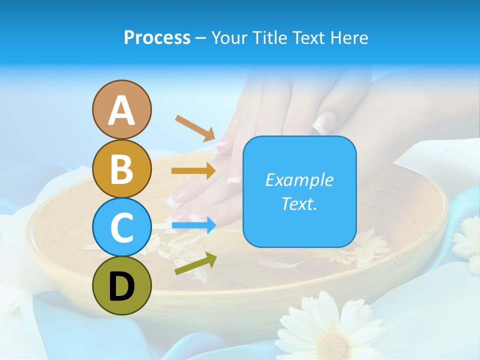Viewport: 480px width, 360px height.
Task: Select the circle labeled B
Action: tap(121, 168)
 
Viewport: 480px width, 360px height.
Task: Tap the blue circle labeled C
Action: tap(121, 227)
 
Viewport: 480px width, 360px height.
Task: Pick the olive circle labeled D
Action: tap(121, 285)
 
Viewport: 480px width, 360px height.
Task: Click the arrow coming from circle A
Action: tap(195, 127)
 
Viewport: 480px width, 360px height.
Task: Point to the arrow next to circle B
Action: tap(193, 171)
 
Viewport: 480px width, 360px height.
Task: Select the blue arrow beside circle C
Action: tap(193, 225)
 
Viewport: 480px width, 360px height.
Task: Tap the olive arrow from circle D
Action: tap(195, 263)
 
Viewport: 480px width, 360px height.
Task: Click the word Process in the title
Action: tap(157, 37)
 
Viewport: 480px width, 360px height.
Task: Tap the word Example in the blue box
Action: tap(299, 180)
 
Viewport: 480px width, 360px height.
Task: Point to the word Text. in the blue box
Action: tap(299, 203)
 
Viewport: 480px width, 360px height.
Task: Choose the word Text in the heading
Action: tap(306, 37)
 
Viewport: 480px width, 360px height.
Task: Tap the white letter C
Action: tap(121, 228)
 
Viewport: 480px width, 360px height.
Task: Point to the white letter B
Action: tap(121, 169)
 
